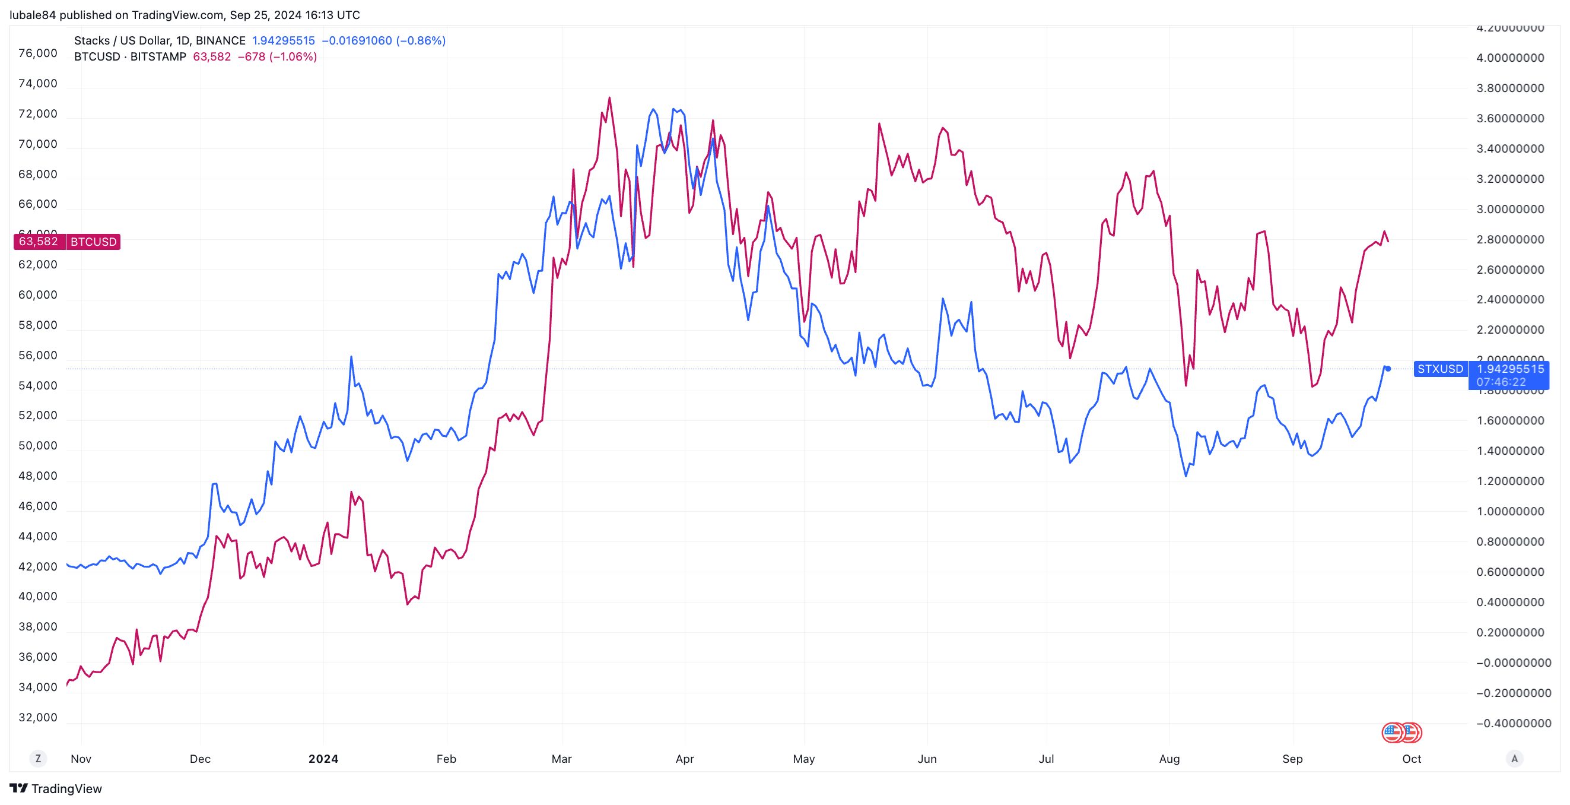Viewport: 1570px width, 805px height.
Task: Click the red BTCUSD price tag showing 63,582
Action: click(x=39, y=242)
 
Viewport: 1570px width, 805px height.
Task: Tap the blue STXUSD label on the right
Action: click(x=1439, y=369)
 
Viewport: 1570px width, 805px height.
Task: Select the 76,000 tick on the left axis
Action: click(x=38, y=53)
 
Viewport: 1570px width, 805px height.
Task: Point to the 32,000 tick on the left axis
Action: click(x=38, y=717)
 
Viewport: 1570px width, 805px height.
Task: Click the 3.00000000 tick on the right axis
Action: click(x=1509, y=209)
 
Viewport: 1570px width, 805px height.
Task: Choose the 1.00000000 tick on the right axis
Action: click(x=1509, y=511)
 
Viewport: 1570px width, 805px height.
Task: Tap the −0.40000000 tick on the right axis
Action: click(x=1513, y=723)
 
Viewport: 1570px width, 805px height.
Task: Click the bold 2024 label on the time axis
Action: click(x=323, y=759)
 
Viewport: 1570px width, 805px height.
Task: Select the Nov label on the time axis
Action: click(x=81, y=759)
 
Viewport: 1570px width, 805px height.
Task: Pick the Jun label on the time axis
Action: click(x=927, y=759)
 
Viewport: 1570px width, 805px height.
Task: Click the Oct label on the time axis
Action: click(x=1412, y=759)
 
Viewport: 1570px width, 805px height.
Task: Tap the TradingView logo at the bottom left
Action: click(x=56, y=788)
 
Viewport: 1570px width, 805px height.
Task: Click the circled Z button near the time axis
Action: click(x=39, y=759)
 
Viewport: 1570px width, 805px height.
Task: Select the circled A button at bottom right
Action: click(x=1515, y=759)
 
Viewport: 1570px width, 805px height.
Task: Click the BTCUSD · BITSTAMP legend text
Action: click(x=130, y=57)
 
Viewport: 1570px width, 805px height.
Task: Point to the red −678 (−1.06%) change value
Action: click(x=277, y=57)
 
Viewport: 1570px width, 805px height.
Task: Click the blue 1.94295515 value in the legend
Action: click(x=284, y=41)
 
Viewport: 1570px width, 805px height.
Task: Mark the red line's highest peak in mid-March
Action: click(x=609, y=97)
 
